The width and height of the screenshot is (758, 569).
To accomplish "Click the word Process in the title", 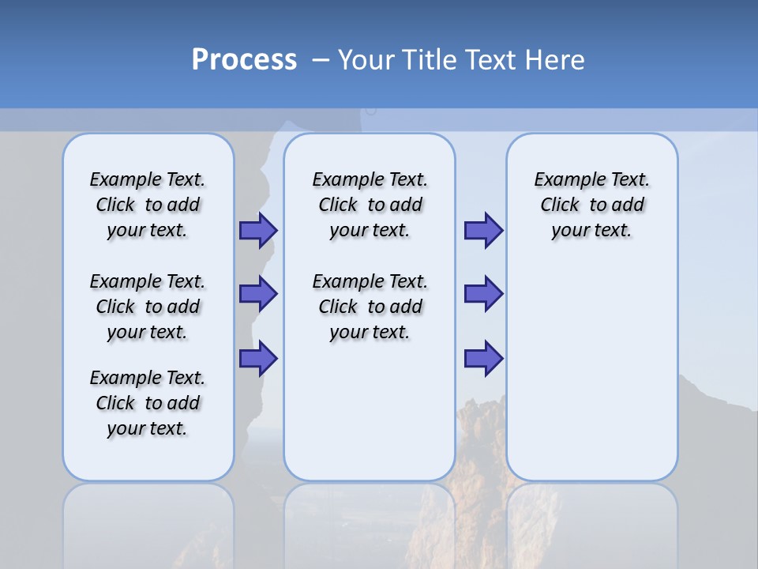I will pyautogui.click(x=244, y=60).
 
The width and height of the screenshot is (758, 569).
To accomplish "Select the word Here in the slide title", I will pyautogui.click(x=551, y=60).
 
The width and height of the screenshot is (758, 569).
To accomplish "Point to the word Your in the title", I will pyautogui.click(x=366, y=60).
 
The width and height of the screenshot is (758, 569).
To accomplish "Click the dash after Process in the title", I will pyautogui.click(x=321, y=61).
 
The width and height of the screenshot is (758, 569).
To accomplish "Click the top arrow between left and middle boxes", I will pyautogui.click(x=258, y=231).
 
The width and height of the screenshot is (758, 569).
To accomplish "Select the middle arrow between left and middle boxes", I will pyautogui.click(x=258, y=294).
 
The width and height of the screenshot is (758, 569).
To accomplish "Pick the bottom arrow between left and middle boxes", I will pyautogui.click(x=258, y=358).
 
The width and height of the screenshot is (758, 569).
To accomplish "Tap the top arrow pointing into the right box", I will pyautogui.click(x=483, y=231).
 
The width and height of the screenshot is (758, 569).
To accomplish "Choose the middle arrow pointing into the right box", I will pyautogui.click(x=483, y=294).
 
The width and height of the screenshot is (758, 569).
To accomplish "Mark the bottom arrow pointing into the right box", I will pyautogui.click(x=483, y=358).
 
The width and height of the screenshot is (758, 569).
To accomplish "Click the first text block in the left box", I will pyautogui.click(x=148, y=205).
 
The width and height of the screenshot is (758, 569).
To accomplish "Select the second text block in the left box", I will pyautogui.click(x=148, y=307).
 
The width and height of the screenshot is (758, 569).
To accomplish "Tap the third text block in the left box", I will pyautogui.click(x=148, y=403).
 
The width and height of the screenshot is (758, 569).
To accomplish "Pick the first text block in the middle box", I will pyautogui.click(x=370, y=205).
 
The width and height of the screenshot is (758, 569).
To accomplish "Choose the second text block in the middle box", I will pyautogui.click(x=370, y=307).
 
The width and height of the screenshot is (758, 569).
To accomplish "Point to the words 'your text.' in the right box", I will pyautogui.click(x=591, y=231).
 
